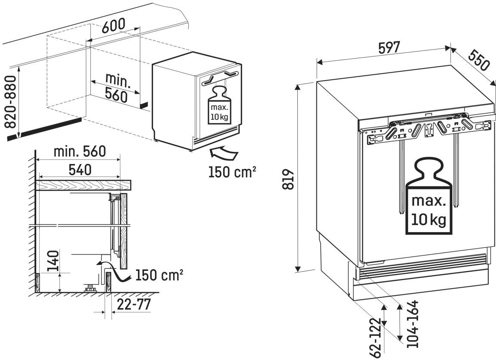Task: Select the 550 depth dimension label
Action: coord(478,59)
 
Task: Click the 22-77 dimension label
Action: coord(134,304)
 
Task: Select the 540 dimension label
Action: coord(80,170)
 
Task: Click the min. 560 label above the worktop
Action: coord(79,152)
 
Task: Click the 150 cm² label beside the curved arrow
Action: coord(232,172)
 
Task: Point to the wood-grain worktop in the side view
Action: coord(84,185)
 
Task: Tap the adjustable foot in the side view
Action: coord(91,288)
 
